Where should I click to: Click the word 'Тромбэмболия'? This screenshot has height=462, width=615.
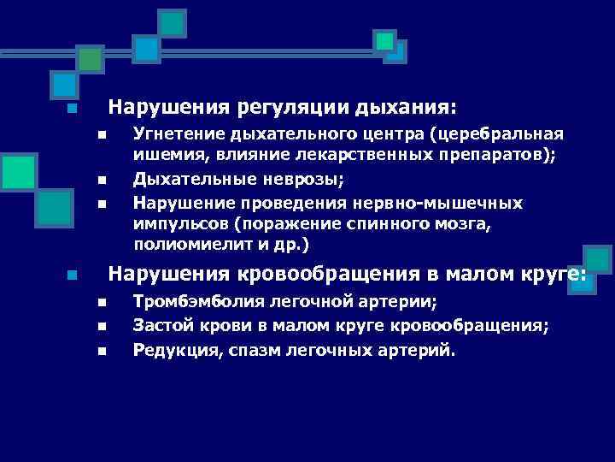pyautogui.click(x=189, y=301)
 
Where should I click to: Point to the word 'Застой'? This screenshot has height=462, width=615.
pyautogui.click(x=160, y=325)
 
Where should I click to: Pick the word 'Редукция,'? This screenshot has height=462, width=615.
pyautogui.click(x=173, y=349)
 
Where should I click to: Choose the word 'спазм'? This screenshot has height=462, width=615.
pyautogui.click(x=243, y=349)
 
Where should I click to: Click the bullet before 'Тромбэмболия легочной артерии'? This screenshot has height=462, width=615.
pyautogui.click(x=100, y=302)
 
